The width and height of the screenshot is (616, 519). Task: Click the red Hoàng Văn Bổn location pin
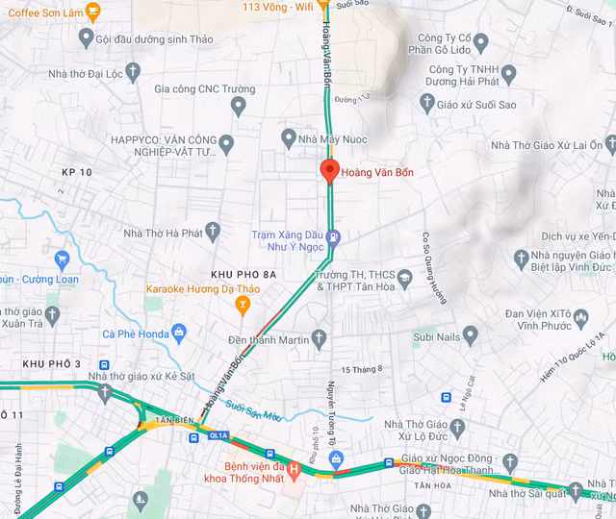pyautogui.click(x=329, y=172)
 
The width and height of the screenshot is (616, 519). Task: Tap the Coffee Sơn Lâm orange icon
pyautogui.click(x=92, y=12)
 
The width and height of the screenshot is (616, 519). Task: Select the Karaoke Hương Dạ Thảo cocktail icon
pyautogui.click(x=243, y=306)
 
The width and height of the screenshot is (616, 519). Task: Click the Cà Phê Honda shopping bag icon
pyautogui.click(x=178, y=334)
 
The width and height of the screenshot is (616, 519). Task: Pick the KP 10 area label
pyautogui.click(x=76, y=171)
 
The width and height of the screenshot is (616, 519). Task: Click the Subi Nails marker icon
pyautogui.click(x=470, y=335)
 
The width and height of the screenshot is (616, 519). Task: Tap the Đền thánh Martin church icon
pyautogui.click(x=319, y=337)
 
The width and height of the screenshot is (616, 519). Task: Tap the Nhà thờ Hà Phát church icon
pyautogui.click(x=213, y=232)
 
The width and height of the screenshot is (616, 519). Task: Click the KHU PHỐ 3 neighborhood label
pyautogui.click(x=52, y=364)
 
